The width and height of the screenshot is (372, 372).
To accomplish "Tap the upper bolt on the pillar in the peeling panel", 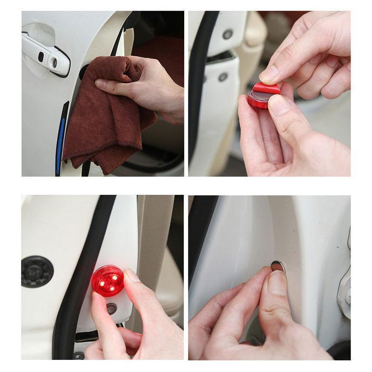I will pyautogui.click(x=227, y=34).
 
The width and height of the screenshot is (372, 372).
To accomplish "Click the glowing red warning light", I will pyautogui.click(x=108, y=281).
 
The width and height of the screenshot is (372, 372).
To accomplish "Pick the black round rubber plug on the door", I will pyautogui.click(x=37, y=271).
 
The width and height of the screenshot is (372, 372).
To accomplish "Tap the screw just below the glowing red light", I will pyautogui.click(x=112, y=308).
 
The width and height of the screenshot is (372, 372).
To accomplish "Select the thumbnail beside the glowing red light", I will pyautogui.click(x=132, y=275).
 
